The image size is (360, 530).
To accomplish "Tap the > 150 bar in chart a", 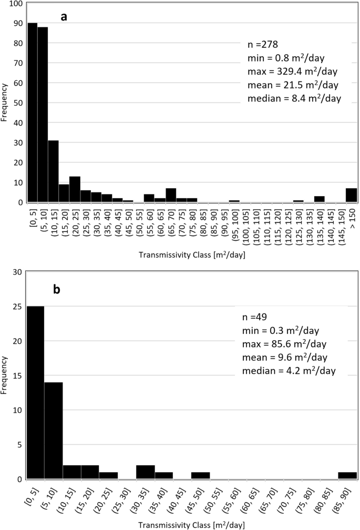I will (352, 195).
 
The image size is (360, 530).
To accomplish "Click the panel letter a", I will (64, 17).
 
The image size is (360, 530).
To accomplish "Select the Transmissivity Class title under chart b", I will (192, 524).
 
